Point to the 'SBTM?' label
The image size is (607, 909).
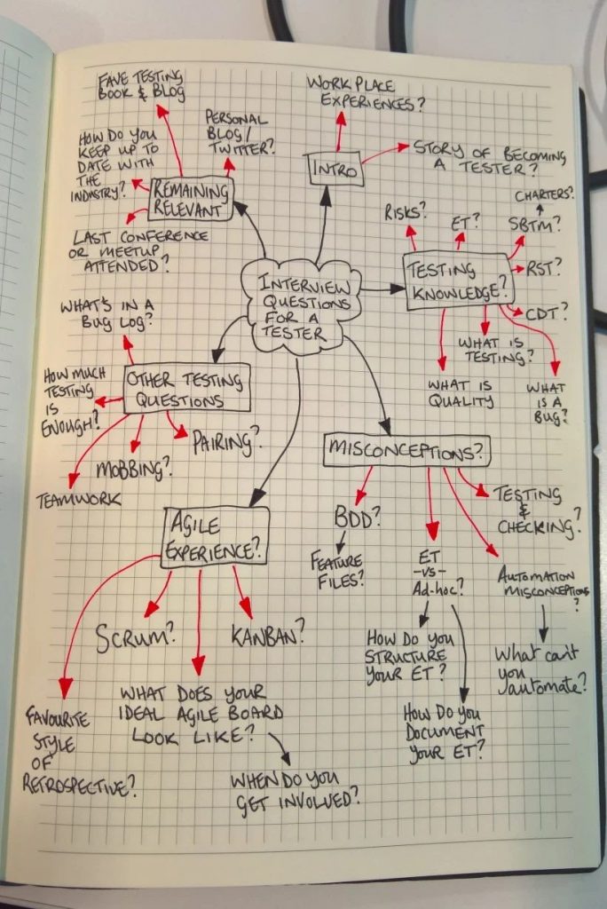[x=534, y=224]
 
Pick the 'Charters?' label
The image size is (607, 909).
[x=544, y=194]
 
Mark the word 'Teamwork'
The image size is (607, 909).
[x=78, y=500]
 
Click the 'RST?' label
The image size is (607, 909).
[x=543, y=268]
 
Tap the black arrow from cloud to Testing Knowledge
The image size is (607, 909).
[x=383, y=289]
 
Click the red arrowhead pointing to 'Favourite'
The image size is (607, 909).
[x=66, y=688]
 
